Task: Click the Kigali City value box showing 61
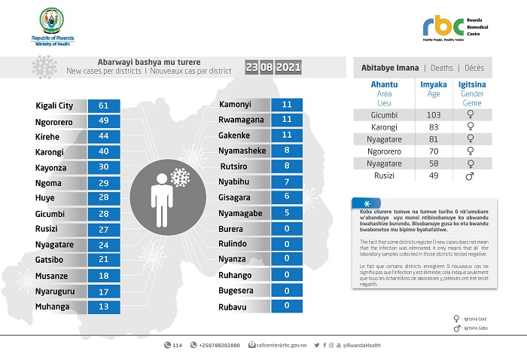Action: (x=104, y=105)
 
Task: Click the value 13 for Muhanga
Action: (x=104, y=307)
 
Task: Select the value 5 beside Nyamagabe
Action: (x=286, y=213)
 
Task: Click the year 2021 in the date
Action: (x=289, y=67)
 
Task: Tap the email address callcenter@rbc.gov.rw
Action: (x=282, y=345)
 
